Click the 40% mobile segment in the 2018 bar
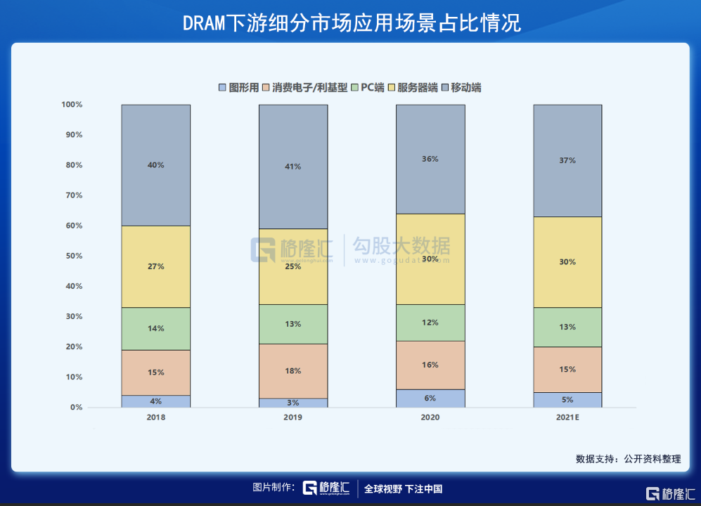[155, 165]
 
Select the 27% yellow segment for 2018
[155, 266]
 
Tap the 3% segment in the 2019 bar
[293, 403]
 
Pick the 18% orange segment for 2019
[293, 370]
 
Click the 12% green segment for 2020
[430, 323]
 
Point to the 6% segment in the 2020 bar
[430, 398]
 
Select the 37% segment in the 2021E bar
[567, 160]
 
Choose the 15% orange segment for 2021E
[567, 369]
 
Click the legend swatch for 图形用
[223, 88]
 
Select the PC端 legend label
[373, 88]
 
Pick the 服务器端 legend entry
[418, 88]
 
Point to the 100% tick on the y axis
[72, 105]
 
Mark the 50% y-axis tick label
[74, 256]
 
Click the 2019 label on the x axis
[293, 417]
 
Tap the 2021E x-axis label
[567, 417]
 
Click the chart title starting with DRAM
[350, 22]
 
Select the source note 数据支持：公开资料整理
[628, 459]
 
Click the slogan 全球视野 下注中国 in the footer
[403, 489]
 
